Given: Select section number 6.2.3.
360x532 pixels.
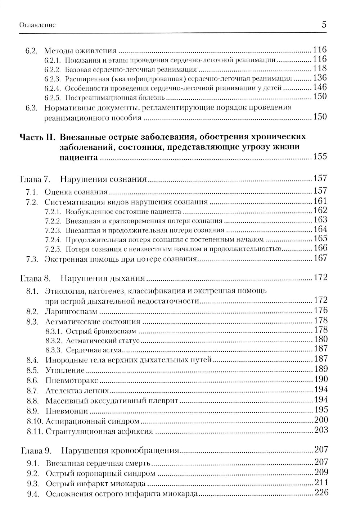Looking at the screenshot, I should click(x=53, y=78).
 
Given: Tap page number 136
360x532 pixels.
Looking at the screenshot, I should click(x=320, y=78).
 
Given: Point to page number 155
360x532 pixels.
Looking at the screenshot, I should click(x=320, y=157).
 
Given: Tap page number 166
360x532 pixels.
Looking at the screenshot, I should click(x=320, y=248).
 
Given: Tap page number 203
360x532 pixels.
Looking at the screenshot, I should click(x=321, y=430).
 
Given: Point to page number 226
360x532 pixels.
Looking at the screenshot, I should click(x=321, y=493).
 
